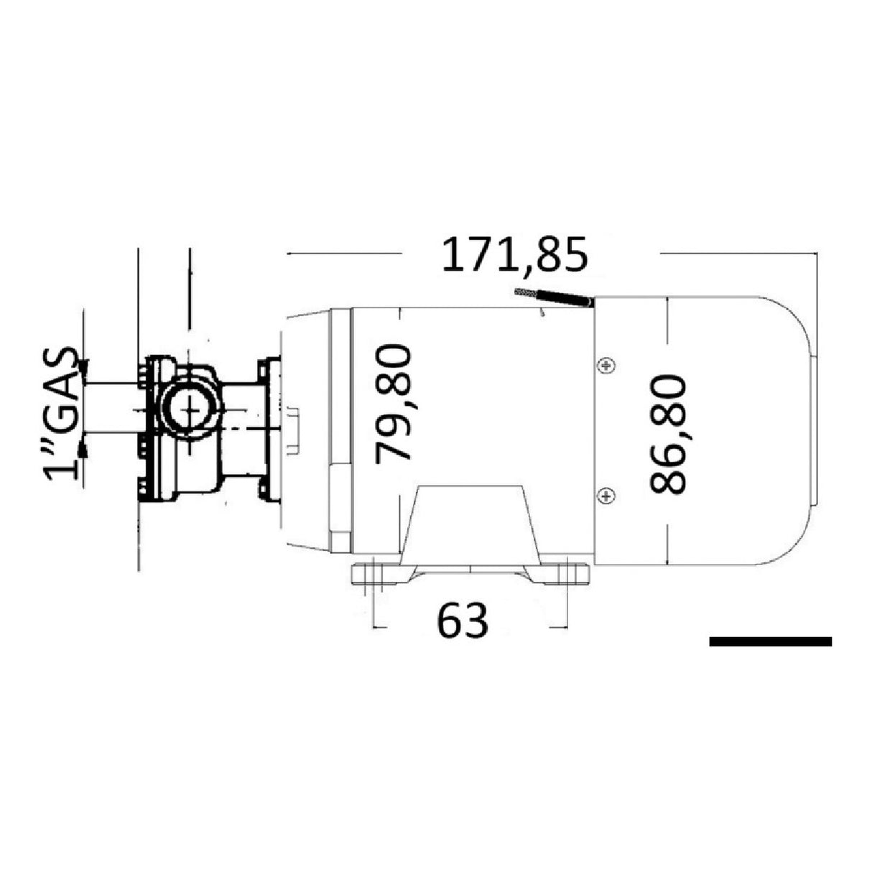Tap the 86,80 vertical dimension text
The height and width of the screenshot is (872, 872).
click(667, 434)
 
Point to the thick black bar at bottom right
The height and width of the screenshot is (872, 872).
click(770, 641)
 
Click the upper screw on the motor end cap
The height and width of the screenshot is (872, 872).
click(607, 366)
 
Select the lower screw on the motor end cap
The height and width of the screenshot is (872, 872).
click(607, 495)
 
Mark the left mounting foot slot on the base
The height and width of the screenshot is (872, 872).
click(376, 575)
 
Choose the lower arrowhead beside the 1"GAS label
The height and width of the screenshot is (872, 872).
click(84, 448)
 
